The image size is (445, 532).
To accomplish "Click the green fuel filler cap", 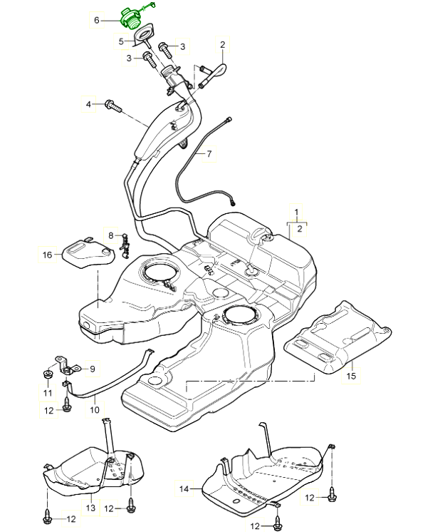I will (x=132, y=17).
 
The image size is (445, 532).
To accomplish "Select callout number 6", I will (x=97, y=21).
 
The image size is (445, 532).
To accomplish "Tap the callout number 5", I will (x=122, y=41).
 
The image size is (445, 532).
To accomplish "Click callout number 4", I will (x=89, y=105).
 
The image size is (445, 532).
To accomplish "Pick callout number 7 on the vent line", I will (x=209, y=153).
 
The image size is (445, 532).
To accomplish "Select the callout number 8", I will (x=111, y=235).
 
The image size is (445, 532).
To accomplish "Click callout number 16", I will (x=47, y=254).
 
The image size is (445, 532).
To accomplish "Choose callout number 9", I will (x=92, y=369).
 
